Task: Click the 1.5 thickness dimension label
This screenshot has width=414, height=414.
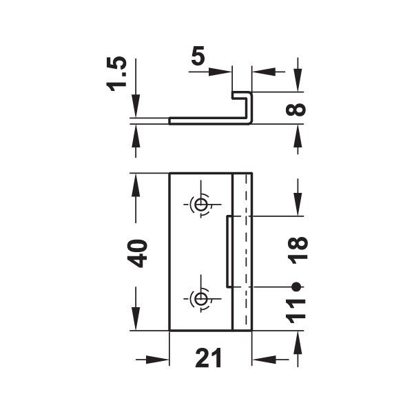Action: (118, 75)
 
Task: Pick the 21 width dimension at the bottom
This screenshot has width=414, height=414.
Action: (210, 359)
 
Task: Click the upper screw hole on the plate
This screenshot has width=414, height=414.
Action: (200, 205)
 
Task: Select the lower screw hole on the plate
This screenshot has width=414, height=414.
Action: (200, 298)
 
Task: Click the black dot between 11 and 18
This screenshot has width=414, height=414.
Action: (296, 286)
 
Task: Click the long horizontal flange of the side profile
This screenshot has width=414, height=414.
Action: (207, 121)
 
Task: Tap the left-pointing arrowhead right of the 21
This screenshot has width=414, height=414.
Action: (260, 360)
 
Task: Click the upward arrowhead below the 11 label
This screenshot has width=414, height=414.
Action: (298, 338)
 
